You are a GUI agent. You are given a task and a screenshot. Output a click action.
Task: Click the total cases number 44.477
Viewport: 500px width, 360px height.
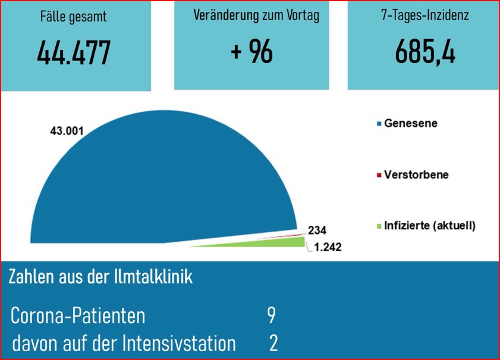74,53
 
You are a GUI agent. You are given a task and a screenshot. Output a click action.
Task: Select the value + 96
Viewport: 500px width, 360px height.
252,52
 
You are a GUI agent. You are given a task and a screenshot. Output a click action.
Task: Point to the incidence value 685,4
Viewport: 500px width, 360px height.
424,52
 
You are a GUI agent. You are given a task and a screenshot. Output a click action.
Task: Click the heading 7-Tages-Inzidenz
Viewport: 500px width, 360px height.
424,15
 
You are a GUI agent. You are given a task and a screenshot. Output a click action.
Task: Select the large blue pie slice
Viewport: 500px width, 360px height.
161,184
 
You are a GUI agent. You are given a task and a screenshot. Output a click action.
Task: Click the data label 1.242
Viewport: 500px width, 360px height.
327,247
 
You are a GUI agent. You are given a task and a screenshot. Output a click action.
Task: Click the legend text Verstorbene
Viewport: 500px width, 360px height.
416,175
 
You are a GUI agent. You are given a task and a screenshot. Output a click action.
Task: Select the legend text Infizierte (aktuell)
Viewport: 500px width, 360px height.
430,226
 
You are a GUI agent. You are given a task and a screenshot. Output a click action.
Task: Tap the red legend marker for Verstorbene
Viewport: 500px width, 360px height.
379,176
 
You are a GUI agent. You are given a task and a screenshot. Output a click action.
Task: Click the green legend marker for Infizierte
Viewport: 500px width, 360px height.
379,226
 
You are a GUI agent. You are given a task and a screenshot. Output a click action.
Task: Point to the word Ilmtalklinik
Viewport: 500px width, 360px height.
156,277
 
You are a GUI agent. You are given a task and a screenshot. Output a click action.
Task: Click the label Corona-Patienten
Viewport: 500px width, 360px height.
78,316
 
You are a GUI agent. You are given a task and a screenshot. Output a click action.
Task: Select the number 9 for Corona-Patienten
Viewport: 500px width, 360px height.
271,315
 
